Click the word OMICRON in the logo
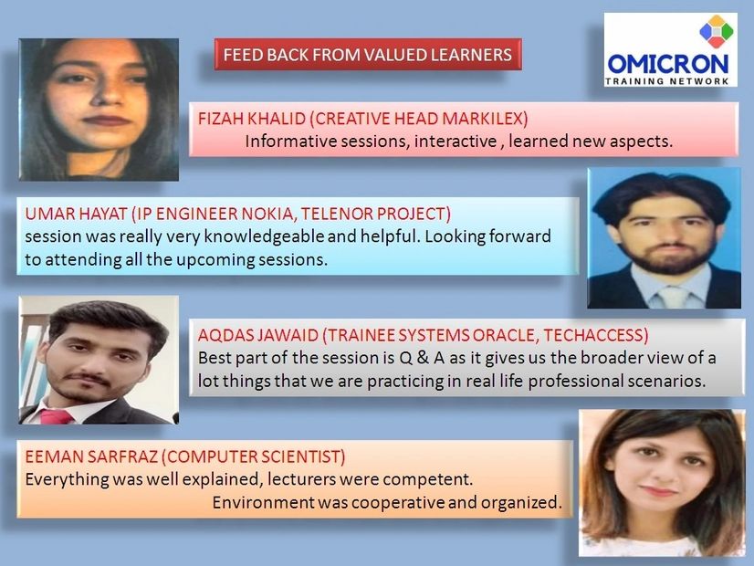click(x=668, y=64)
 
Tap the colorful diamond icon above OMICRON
click(x=716, y=32)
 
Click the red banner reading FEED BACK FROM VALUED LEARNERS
click(x=368, y=55)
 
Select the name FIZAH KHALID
click(x=252, y=119)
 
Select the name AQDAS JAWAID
click(x=257, y=335)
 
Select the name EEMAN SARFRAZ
click(x=91, y=456)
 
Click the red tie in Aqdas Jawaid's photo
click(x=57, y=416)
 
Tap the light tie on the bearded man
click(x=673, y=298)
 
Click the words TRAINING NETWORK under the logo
click(x=667, y=81)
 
